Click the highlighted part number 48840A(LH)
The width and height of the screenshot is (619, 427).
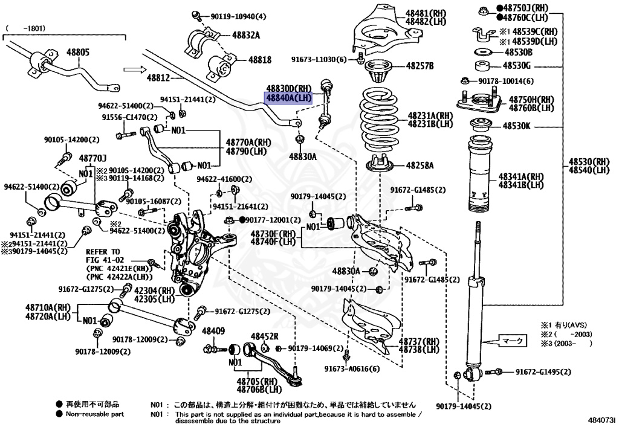pos(287,97)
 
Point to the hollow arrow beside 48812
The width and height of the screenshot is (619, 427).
pos(131,69)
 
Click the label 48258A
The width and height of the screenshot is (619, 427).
pos(420,165)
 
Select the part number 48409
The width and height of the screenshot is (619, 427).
pos(213,331)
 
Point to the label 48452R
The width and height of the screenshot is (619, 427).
pos(265,336)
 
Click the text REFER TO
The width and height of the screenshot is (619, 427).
pos(103,251)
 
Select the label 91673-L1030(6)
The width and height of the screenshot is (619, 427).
pos(319,59)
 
